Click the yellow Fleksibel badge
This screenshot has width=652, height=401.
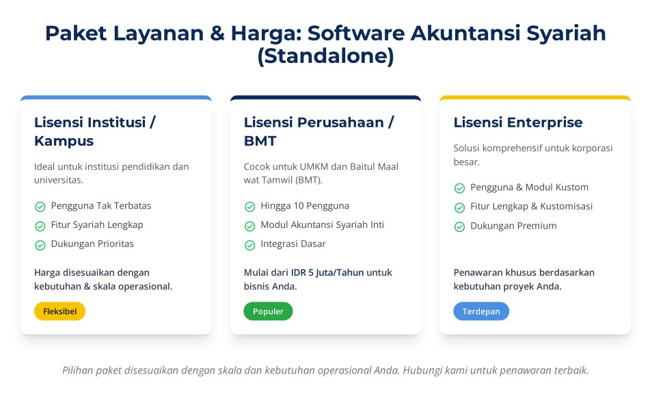point(60,311)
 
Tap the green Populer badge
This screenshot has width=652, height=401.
point(268,311)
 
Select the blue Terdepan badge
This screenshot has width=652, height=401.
point(481,311)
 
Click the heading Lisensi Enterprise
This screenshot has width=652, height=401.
point(517,122)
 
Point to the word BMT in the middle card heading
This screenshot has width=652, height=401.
point(260,141)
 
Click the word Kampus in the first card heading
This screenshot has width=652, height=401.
point(64,142)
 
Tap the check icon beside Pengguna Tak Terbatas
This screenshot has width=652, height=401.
point(40,207)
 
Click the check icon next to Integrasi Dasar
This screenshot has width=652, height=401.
point(249,245)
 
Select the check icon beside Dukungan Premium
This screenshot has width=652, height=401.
point(459,227)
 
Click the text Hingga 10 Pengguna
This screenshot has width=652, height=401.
point(305,206)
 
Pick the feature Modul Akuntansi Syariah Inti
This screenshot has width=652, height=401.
point(323,225)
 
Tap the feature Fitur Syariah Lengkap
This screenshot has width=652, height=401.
point(97,225)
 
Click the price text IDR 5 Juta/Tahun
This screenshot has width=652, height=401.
point(327,273)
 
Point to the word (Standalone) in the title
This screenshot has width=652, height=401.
point(325,56)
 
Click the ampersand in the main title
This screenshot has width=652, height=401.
point(217,34)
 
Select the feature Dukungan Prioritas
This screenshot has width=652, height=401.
point(92,244)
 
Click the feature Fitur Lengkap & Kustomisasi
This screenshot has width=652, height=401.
point(532,207)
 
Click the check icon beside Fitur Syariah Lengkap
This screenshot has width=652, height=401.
point(40,226)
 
